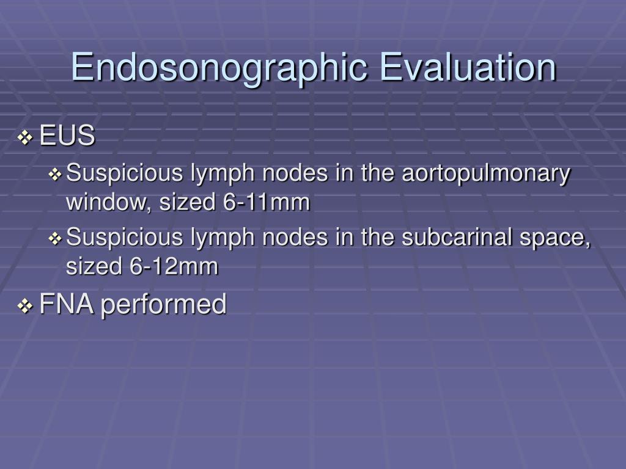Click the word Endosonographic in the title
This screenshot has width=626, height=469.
pos(219,68)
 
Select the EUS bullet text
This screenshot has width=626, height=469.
pos(67,137)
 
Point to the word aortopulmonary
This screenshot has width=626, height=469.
pos(485,174)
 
